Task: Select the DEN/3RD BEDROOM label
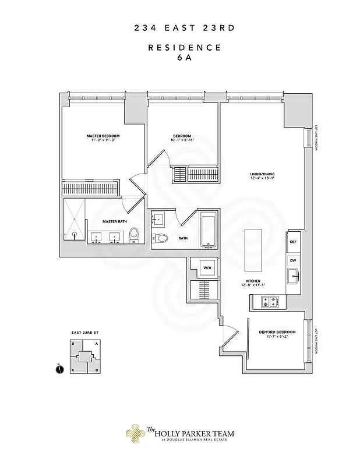pyautogui.click(x=277, y=331)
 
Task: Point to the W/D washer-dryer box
pyautogui.click(x=207, y=268)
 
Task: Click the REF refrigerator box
pyautogui.click(x=293, y=241)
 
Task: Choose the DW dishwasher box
pyautogui.click(x=293, y=260)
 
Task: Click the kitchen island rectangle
pyautogui.click(x=254, y=249)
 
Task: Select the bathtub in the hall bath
pyautogui.click(x=209, y=231)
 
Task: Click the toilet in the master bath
pyautogui.click(x=134, y=234)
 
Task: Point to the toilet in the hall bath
pyautogui.click(x=160, y=238)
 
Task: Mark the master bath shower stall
pyautogui.click(x=74, y=218)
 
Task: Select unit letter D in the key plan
pyautogui.click(x=73, y=344)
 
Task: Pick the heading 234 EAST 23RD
pyautogui.click(x=179, y=27)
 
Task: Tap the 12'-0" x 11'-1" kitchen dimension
pyautogui.click(x=253, y=285)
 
